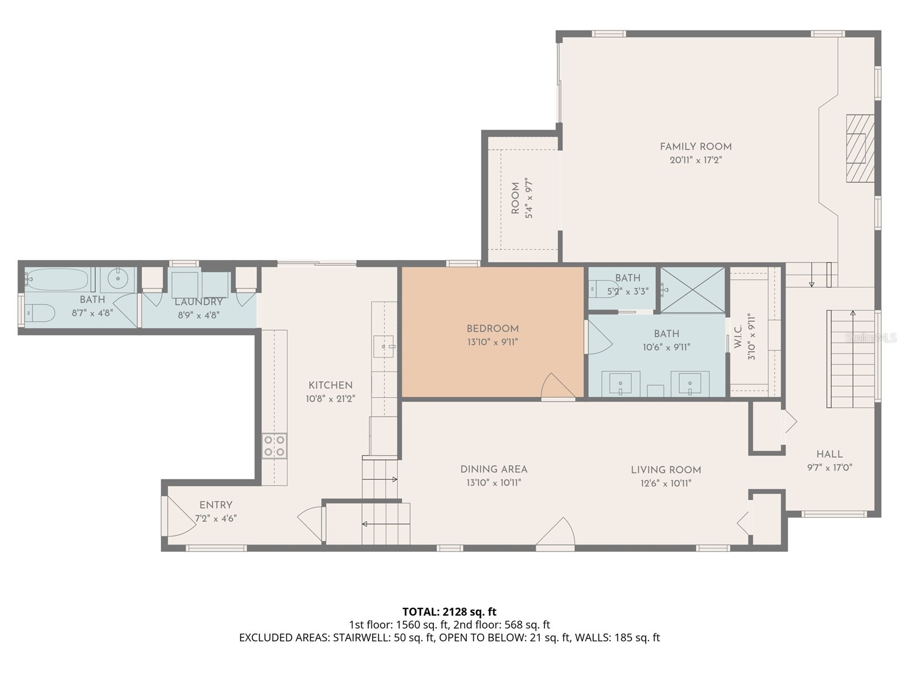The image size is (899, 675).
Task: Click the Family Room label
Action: point(695,147)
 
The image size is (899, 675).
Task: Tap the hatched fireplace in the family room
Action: point(860,148)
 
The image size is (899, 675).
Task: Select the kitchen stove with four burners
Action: point(274,446)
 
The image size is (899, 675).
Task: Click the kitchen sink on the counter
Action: point(385,347)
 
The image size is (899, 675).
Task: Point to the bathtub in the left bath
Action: point(59,279)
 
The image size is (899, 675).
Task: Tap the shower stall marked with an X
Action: point(692,289)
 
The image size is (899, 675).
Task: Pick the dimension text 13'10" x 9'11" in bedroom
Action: point(492,341)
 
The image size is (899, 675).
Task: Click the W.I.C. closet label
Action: point(738,336)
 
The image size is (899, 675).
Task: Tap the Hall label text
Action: point(829,454)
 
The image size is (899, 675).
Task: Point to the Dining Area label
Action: point(493,469)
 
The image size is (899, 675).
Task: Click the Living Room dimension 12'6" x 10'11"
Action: point(665,483)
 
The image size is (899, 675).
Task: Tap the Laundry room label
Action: point(198,302)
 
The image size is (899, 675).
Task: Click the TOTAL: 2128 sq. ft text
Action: point(449,611)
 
